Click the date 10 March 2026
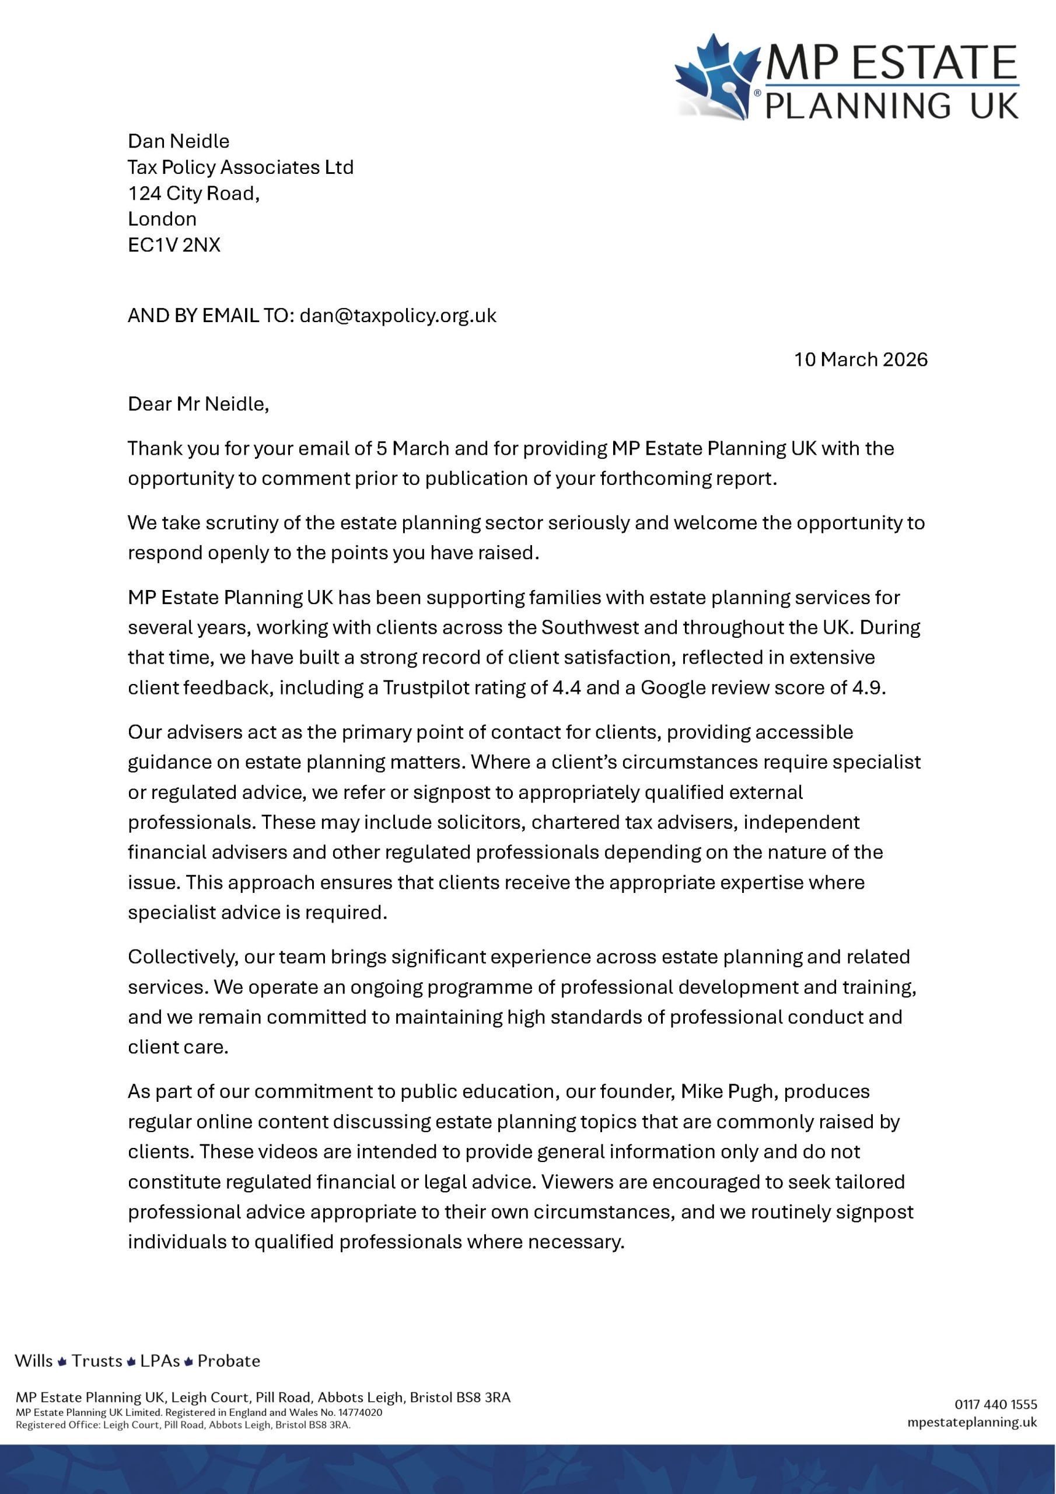860,360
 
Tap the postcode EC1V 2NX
174,245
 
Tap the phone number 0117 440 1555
995,1404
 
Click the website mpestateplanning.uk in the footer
972,1422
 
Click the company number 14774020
360,1413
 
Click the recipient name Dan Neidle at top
179,141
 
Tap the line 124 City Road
193,193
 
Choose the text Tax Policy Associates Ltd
240,167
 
